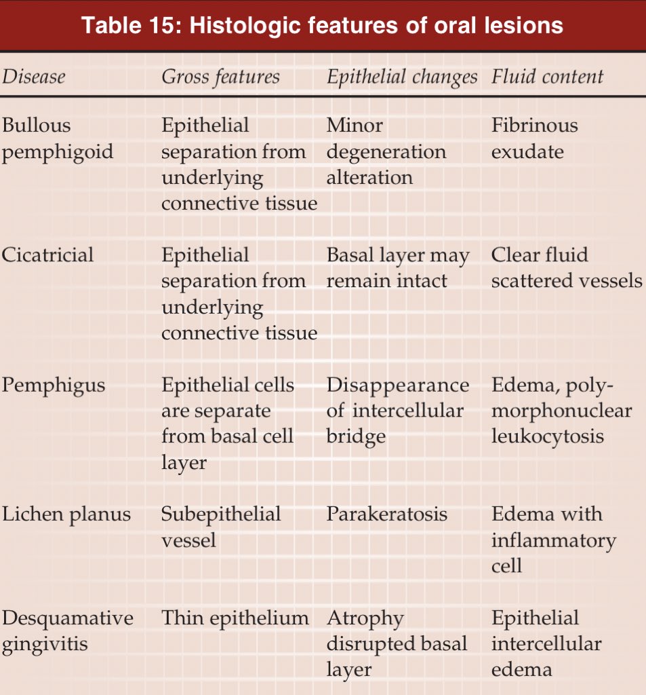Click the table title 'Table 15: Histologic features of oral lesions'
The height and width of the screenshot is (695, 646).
point(322,25)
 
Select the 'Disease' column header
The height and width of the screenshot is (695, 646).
point(33,76)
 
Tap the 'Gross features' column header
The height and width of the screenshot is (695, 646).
point(220,77)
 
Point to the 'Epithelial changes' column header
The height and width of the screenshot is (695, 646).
point(402,77)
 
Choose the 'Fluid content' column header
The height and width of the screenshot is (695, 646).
point(547,76)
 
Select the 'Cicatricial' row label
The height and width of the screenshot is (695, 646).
point(47,255)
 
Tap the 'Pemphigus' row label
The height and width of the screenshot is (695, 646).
point(54,386)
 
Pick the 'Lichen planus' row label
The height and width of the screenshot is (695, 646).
point(66,514)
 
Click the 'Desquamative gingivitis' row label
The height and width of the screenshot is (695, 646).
point(67,631)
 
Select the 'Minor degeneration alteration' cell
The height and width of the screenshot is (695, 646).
point(386,151)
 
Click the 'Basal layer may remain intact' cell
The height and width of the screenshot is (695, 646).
point(398,268)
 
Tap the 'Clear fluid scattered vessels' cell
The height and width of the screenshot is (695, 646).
point(566,268)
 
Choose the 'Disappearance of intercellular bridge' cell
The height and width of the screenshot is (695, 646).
point(398,411)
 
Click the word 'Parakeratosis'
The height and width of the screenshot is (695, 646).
point(386,514)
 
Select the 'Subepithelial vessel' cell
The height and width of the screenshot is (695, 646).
point(220,527)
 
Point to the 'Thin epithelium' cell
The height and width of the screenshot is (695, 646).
point(235,618)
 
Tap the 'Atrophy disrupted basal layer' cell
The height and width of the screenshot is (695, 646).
point(397,643)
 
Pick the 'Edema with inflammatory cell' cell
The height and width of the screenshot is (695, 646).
point(553,540)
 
